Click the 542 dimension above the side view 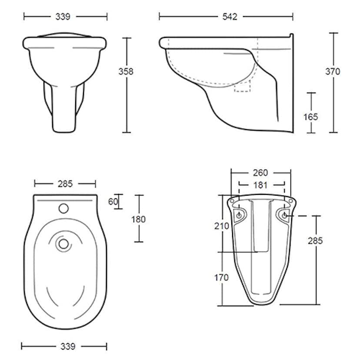coord(230,17)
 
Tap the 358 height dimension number coord(126,72)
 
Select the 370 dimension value coord(333,72)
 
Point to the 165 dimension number coord(310,117)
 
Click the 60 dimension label coord(113,202)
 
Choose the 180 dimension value coord(138,219)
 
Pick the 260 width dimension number coord(260,173)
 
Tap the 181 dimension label coord(260,185)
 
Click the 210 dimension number coord(222,226)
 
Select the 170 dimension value coord(222,277)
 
